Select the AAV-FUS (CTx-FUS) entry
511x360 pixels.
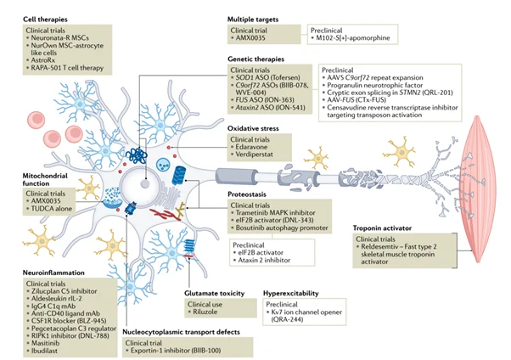point(367,111)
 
